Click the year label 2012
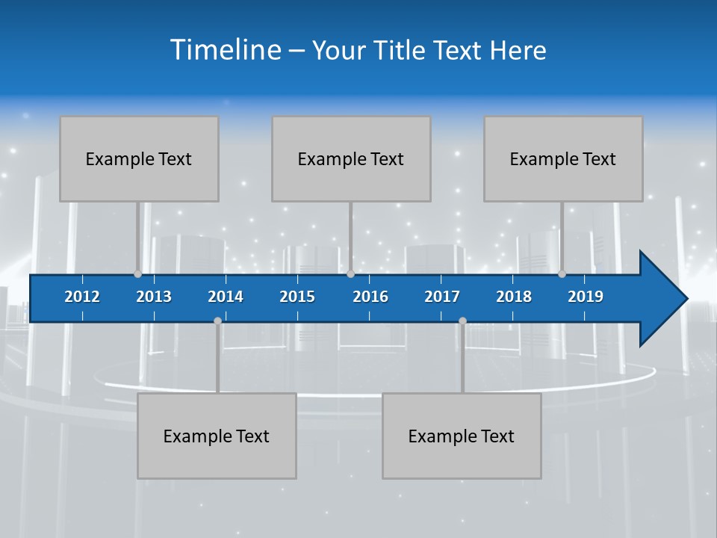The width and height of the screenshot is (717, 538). (x=82, y=297)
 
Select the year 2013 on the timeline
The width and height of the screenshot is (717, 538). (x=154, y=297)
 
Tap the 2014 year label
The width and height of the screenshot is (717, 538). (x=226, y=297)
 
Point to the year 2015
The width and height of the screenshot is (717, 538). (x=297, y=297)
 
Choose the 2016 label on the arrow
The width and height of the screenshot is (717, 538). (x=370, y=297)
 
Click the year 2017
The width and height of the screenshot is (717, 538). (x=442, y=297)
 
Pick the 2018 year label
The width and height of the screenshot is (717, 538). (x=514, y=297)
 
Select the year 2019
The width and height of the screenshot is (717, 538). (x=586, y=297)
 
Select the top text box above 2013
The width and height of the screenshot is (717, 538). (x=139, y=158)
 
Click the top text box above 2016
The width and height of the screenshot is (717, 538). (x=351, y=158)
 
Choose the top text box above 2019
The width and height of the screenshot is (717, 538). (x=563, y=158)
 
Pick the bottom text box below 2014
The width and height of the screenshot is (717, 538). (x=217, y=436)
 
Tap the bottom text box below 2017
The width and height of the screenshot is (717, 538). (x=462, y=436)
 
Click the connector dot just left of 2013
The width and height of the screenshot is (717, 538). (x=137, y=273)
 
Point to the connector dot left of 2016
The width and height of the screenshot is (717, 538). (x=350, y=273)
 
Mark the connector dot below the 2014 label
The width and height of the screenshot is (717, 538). (x=217, y=321)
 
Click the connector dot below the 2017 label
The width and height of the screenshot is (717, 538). (x=462, y=321)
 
